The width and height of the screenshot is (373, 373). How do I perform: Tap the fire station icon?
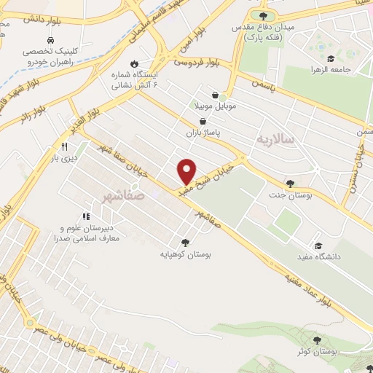pos(134,63)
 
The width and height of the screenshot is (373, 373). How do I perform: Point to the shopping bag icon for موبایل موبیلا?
pos(215,95)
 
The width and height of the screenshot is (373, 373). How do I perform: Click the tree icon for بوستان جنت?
pos(290,184)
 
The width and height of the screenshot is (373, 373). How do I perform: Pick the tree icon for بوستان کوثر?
pos(317,339)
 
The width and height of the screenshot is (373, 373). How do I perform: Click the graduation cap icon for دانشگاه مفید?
pos(317,246)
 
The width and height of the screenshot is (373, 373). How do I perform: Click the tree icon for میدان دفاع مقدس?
pos(263,15)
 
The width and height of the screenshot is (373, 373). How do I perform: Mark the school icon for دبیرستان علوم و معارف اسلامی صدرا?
pos(86,216)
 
